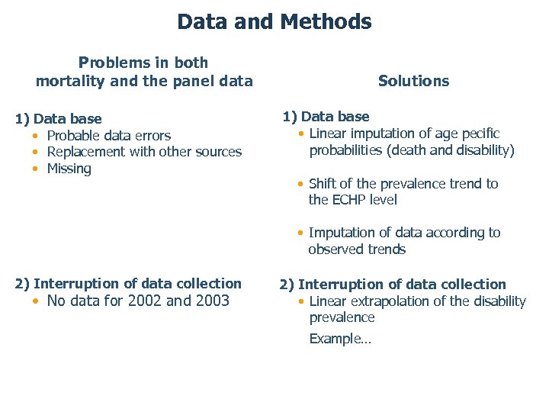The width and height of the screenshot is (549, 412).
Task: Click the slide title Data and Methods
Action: click(x=274, y=21)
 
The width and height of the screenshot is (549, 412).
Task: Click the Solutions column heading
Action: click(x=413, y=81)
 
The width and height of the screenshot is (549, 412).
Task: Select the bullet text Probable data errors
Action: click(x=109, y=136)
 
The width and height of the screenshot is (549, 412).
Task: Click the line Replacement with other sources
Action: click(x=144, y=152)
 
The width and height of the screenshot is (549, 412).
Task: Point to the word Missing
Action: click(x=69, y=169)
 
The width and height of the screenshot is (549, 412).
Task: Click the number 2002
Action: click(x=145, y=301)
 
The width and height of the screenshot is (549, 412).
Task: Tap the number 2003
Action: click(x=211, y=301)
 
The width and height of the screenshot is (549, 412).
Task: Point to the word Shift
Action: click(x=324, y=184)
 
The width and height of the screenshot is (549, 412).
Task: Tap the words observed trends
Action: click(x=357, y=249)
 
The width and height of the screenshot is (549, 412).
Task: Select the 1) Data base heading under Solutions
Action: click(x=326, y=117)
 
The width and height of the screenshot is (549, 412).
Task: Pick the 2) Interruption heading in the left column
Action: click(x=128, y=284)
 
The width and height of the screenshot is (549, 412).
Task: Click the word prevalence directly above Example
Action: click(x=342, y=317)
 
